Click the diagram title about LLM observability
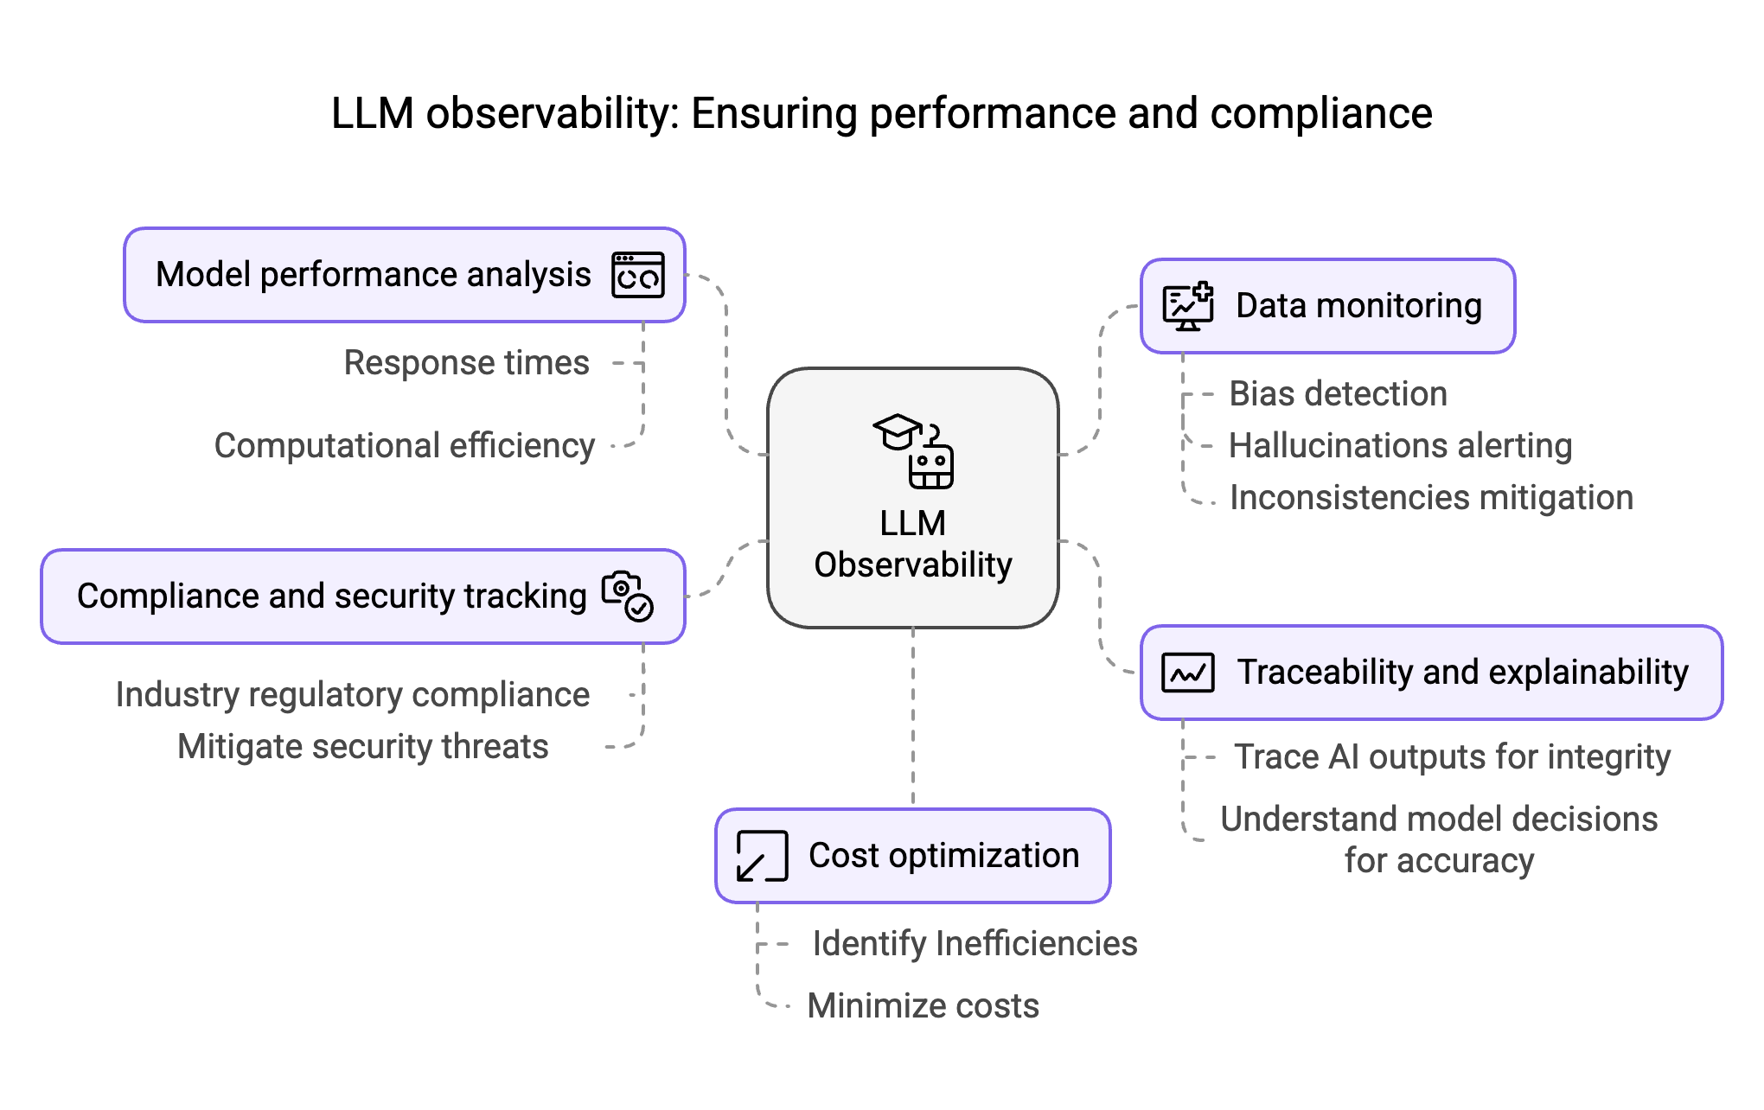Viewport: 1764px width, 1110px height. pyautogui.click(x=881, y=113)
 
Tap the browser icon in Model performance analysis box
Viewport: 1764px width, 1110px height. pyautogui.click(x=638, y=275)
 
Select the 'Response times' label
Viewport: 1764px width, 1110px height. pyautogui.click(x=466, y=363)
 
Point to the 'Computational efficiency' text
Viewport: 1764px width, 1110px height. pyautogui.click(x=404, y=446)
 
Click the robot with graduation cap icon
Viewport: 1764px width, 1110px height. pyautogui.click(x=914, y=450)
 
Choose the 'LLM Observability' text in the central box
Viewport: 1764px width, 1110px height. pyautogui.click(x=913, y=545)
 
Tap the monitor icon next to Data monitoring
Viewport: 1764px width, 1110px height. pyautogui.click(x=1188, y=307)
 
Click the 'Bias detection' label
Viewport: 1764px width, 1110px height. pyautogui.click(x=1338, y=394)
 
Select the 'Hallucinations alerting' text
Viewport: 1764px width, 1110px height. pyautogui.click(x=1400, y=446)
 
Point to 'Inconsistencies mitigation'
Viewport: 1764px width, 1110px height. pyautogui.click(x=1431, y=498)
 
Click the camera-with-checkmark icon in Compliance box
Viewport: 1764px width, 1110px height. pyautogui.click(x=628, y=596)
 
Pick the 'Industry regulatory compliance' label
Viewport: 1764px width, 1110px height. pyautogui.click(x=353, y=695)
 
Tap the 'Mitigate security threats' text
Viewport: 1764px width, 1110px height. pyautogui.click(x=362, y=747)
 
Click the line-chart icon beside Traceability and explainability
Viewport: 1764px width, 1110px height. pyautogui.click(x=1188, y=673)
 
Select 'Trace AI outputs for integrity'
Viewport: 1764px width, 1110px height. pyautogui.click(x=1452, y=757)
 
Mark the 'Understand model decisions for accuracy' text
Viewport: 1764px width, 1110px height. pyautogui.click(x=1439, y=839)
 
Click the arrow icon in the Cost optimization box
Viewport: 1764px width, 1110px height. pyautogui.click(x=762, y=856)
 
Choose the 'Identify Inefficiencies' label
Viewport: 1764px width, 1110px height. pyautogui.click(x=975, y=944)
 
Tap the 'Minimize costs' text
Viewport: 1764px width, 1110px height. pyautogui.click(x=923, y=1006)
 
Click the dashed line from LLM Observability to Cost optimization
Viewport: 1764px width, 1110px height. pyautogui.click(x=913, y=718)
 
